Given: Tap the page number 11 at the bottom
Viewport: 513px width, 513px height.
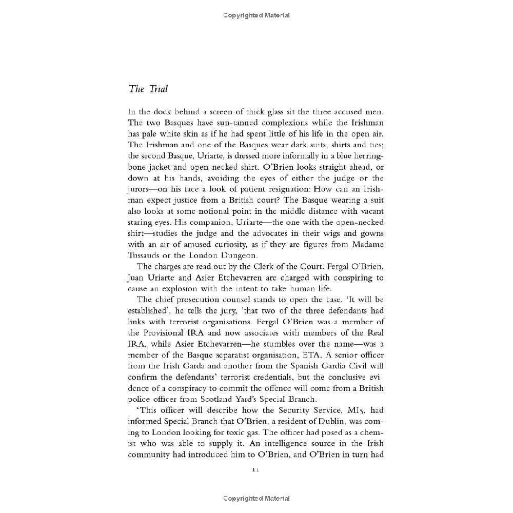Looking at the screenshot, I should pyautogui.click(x=256, y=468).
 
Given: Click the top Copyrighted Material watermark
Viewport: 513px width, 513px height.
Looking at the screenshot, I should pyautogui.click(x=256, y=15).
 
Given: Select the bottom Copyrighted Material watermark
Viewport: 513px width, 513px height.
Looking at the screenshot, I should pyautogui.click(x=256, y=498).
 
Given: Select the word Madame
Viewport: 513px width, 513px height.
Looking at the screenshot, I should pyautogui.click(x=366, y=245).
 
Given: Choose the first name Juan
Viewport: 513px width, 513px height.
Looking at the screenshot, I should pyautogui.click(x=137, y=278).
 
